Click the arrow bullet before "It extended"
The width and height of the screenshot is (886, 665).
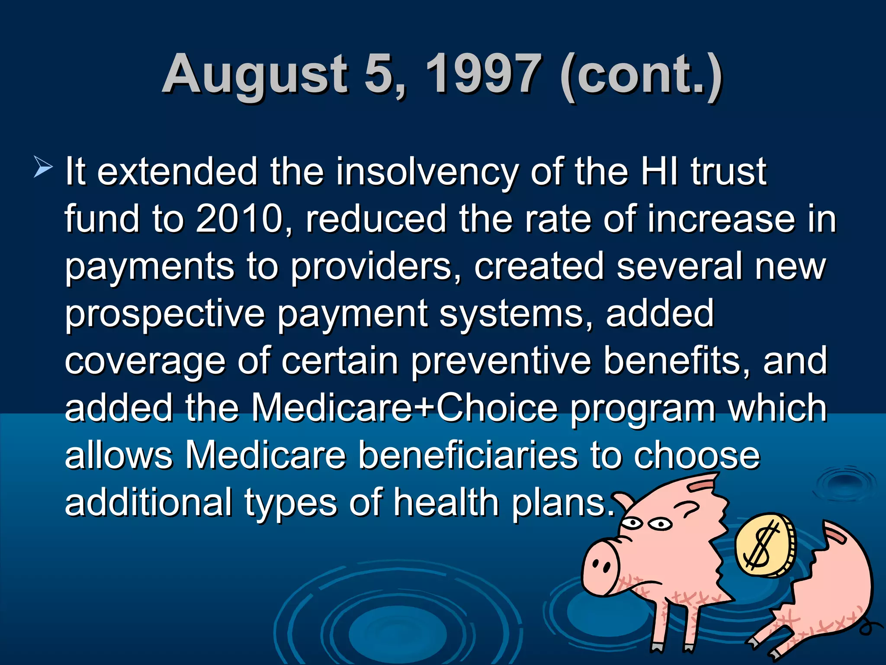click(x=43, y=168)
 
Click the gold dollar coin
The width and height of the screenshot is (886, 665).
click(x=764, y=545)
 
